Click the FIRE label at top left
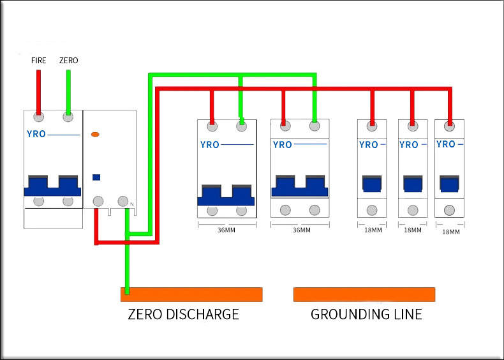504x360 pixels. (x=39, y=61)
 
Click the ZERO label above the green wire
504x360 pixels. (x=68, y=61)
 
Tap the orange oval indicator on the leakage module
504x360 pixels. (x=96, y=134)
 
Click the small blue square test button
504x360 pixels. (x=96, y=177)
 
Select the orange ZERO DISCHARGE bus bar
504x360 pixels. (x=191, y=294)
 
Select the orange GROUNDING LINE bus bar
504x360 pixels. (x=364, y=294)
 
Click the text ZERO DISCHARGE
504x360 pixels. (x=183, y=315)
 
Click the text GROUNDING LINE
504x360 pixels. (x=366, y=315)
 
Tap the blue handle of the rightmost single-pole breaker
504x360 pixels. (x=449, y=184)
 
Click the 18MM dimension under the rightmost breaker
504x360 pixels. (x=450, y=232)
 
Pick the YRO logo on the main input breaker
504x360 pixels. (x=36, y=135)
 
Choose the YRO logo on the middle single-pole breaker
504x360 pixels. (x=409, y=145)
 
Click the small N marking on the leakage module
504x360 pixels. (x=131, y=204)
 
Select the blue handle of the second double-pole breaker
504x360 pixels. (x=299, y=186)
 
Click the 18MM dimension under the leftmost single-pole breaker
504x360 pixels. (x=373, y=230)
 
